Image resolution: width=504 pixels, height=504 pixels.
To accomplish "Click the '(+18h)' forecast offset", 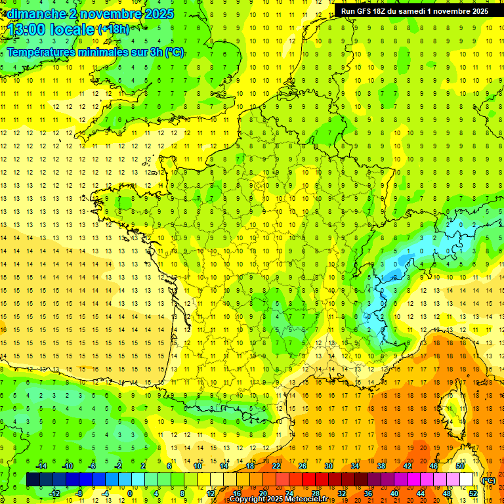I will pos(114,29).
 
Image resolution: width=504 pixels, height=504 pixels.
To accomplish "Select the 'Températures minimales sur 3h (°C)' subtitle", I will pos(96,52).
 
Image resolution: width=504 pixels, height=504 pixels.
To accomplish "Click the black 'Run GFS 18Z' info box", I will pos(415,11).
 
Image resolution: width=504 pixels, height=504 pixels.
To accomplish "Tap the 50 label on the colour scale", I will pos(460,466).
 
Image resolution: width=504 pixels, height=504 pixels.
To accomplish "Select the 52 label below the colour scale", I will pos(473,493).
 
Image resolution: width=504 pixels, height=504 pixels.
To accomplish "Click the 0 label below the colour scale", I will pos(130,493).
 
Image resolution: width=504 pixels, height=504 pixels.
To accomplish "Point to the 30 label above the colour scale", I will pos(329,466).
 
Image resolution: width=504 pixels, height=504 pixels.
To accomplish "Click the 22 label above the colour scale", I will pos(276,466).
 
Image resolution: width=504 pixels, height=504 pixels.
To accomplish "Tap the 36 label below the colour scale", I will pos(368,493).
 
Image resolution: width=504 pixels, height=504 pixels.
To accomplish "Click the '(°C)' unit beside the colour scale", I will pos(488,480).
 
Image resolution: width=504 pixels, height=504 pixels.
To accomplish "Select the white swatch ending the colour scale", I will pos(467,480).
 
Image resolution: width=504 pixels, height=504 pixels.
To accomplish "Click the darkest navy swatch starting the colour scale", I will pos(33,480).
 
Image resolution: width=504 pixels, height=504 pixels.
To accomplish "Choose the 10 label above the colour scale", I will pos(198,466).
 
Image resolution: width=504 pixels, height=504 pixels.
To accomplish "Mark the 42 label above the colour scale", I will pos(408,466).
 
